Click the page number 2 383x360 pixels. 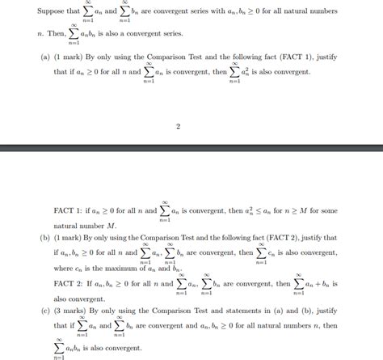click(177, 127)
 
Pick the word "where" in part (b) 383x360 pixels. click(65, 268)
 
